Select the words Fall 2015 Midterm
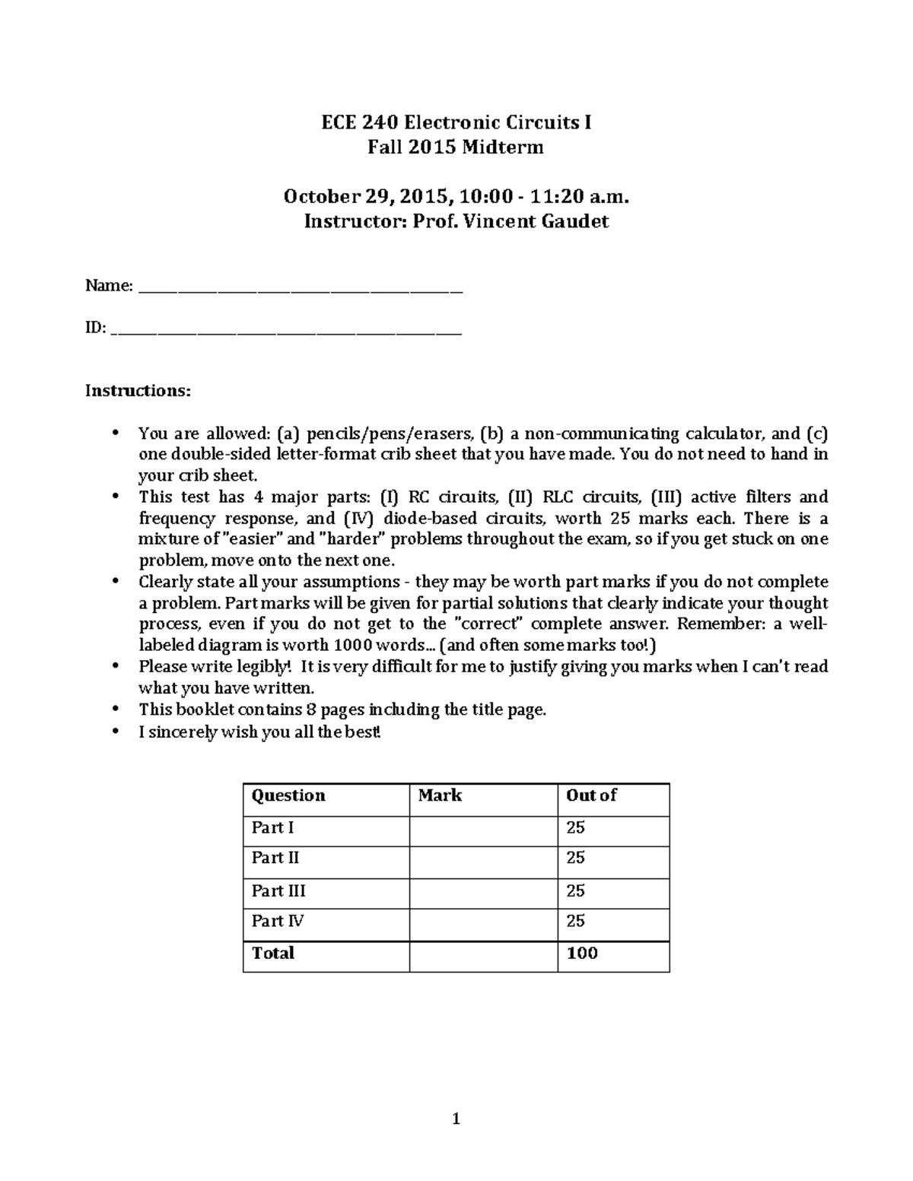tap(456, 148)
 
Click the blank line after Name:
tap(301, 288)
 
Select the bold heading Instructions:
tap(138, 391)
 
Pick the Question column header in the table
tap(288, 795)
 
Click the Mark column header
tap(440, 795)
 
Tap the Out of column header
tap(591, 795)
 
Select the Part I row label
tap(272, 827)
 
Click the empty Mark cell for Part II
tap(483, 859)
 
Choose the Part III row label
tap(278, 891)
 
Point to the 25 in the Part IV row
tap(576, 921)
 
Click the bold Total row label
tap(272, 954)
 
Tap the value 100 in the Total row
tap(582, 954)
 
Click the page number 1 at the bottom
tap(456, 1119)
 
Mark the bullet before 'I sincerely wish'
tap(116, 732)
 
